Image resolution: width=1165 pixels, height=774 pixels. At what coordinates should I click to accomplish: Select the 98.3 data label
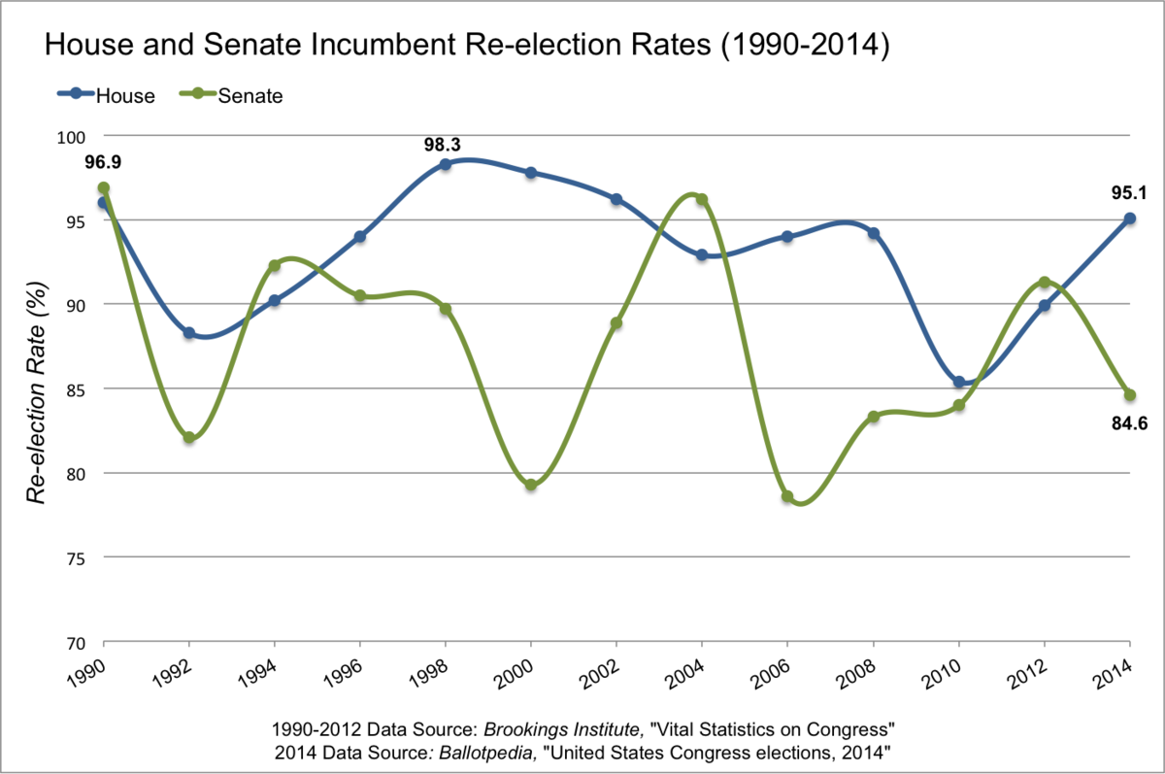(x=444, y=144)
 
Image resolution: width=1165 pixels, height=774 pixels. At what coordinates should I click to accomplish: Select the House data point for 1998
(x=445, y=165)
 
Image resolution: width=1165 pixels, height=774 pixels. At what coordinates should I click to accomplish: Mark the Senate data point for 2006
(x=787, y=496)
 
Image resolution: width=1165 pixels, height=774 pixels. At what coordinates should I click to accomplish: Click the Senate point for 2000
(x=531, y=485)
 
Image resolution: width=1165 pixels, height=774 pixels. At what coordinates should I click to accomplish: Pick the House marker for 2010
(x=958, y=383)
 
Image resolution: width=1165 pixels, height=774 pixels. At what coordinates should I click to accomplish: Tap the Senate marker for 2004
(x=702, y=200)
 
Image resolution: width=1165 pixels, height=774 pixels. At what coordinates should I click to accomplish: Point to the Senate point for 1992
(x=189, y=438)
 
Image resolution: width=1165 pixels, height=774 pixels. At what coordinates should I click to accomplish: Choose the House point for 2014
(x=1129, y=219)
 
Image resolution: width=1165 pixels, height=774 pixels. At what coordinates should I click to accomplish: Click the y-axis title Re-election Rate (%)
(x=37, y=388)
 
